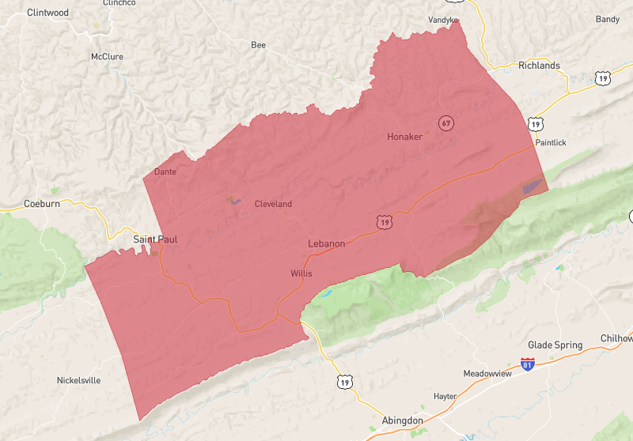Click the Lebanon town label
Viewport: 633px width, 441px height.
pyautogui.click(x=326, y=243)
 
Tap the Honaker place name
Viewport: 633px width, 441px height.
pyautogui.click(x=404, y=137)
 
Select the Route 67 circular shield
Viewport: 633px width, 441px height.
pyautogui.click(x=446, y=122)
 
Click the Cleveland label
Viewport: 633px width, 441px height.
pyautogui.click(x=273, y=204)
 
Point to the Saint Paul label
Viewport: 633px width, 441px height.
pyautogui.click(x=154, y=239)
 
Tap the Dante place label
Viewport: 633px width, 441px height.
pyautogui.click(x=165, y=171)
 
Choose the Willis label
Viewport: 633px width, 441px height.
pyautogui.click(x=301, y=273)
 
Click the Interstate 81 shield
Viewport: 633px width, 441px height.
pyautogui.click(x=528, y=364)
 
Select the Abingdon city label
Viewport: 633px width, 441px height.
pyautogui.click(x=402, y=420)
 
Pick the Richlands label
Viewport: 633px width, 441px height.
pyautogui.click(x=539, y=66)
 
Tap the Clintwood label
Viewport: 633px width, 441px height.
pyautogui.click(x=47, y=13)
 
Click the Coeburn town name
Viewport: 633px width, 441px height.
pyautogui.click(x=42, y=203)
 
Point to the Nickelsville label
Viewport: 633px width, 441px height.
pyautogui.click(x=78, y=380)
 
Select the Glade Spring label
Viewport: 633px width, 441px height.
pyautogui.click(x=555, y=345)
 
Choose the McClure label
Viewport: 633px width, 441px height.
pyautogui.click(x=107, y=57)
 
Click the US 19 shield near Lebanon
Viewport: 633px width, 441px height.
pyautogui.click(x=385, y=223)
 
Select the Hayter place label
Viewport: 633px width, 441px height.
pyautogui.click(x=445, y=396)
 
